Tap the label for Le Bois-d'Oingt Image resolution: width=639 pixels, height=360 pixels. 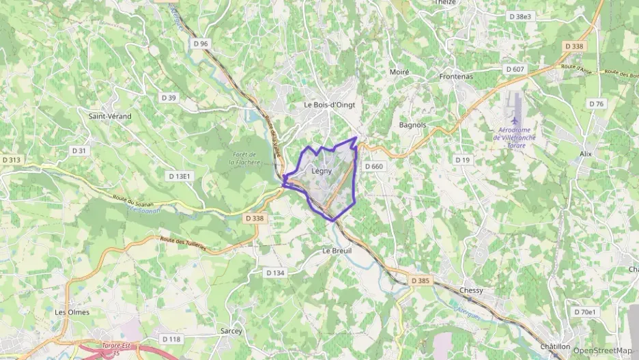point(330,105)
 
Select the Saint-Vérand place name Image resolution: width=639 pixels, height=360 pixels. point(110,116)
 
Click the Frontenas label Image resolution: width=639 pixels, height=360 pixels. point(456,77)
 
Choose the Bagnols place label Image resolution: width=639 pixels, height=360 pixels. point(412,125)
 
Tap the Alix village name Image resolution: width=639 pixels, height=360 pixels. point(584,154)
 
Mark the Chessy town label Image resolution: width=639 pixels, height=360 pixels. point(472,290)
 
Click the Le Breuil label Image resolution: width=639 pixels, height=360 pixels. point(336,251)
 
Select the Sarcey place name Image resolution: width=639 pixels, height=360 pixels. point(231,331)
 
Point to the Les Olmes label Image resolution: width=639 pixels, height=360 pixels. point(72,311)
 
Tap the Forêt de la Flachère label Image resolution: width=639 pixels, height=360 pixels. point(242,158)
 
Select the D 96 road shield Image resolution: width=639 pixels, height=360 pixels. point(200,43)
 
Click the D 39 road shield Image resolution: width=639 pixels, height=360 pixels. point(169,98)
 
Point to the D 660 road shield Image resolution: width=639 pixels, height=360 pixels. point(373,166)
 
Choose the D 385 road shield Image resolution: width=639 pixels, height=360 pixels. point(420,280)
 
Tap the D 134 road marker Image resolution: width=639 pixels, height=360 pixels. point(274,273)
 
